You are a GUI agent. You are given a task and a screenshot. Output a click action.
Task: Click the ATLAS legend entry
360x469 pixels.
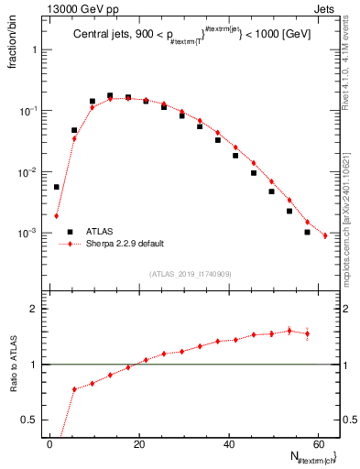tap(100, 233)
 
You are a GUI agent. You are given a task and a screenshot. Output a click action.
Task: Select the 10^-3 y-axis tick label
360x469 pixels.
tap(29, 233)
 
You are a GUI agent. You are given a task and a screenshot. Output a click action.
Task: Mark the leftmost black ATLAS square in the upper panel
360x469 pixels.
tap(57, 187)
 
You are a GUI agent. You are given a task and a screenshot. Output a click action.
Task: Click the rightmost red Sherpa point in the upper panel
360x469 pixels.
tap(325, 235)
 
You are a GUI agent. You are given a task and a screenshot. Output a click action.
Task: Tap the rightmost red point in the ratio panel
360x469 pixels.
tap(307, 333)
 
